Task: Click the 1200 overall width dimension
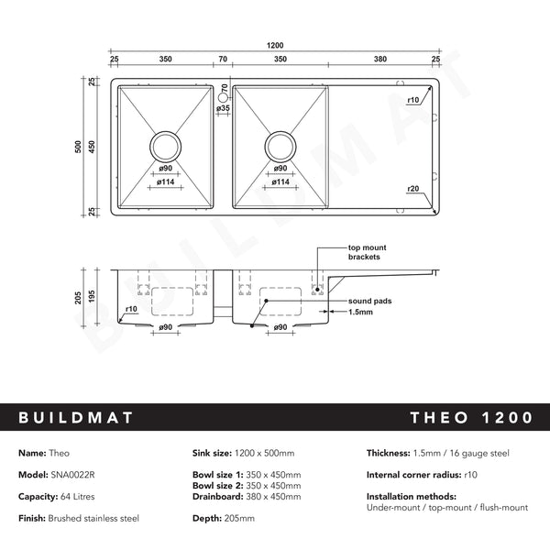[x=276, y=45]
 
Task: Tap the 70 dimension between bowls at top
[x=223, y=59]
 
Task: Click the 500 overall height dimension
[x=79, y=148]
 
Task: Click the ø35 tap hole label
[x=223, y=108]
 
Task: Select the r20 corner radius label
[x=413, y=189]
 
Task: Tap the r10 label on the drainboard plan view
[x=413, y=99]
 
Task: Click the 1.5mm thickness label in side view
[x=360, y=312]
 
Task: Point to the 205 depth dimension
[x=79, y=298]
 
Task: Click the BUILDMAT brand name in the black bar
[x=76, y=418]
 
